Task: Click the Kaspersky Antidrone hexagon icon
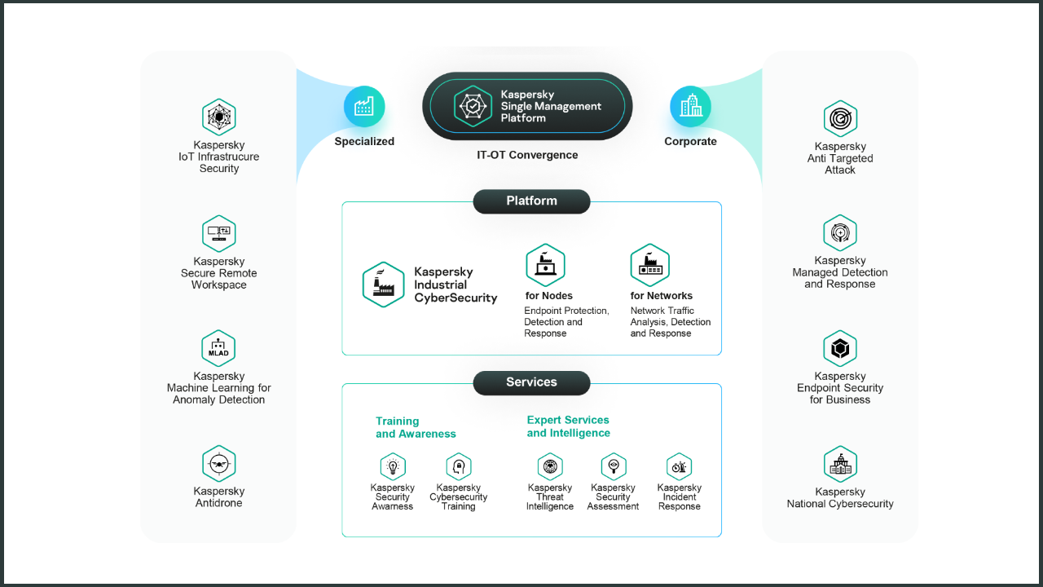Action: pos(218,464)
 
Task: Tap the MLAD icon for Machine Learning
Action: pos(218,349)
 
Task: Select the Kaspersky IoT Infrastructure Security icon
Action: pos(218,117)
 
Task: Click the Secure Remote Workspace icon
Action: pos(218,234)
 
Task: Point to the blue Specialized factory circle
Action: pos(364,107)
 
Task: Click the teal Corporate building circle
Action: pos(690,107)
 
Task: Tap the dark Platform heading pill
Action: pos(531,201)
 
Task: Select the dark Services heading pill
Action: pos(531,382)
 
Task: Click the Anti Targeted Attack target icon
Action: pos(840,119)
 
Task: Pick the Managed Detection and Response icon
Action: pos(840,233)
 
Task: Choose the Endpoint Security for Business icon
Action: pos(840,349)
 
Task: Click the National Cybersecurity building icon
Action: pos(840,465)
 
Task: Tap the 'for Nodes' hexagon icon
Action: pos(545,265)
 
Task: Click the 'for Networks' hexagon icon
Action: pos(649,265)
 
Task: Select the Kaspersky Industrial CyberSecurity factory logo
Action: pos(383,285)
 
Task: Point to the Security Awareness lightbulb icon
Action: pos(393,467)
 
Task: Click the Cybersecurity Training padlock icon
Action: pos(459,467)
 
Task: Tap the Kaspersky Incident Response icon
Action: pos(679,467)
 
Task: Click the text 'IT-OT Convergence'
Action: pos(527,155)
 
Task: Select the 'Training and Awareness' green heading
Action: pos(416,427)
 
